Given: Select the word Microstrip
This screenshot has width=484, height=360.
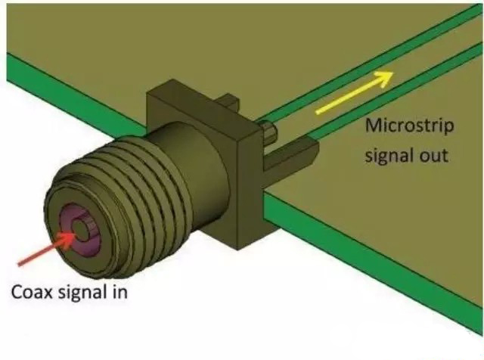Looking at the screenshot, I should [x=409, y=126].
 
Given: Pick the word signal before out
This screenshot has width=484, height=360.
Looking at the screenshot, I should [x=388, y=157].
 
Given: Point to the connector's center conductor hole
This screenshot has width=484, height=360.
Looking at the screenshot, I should [x=81, y=235].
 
